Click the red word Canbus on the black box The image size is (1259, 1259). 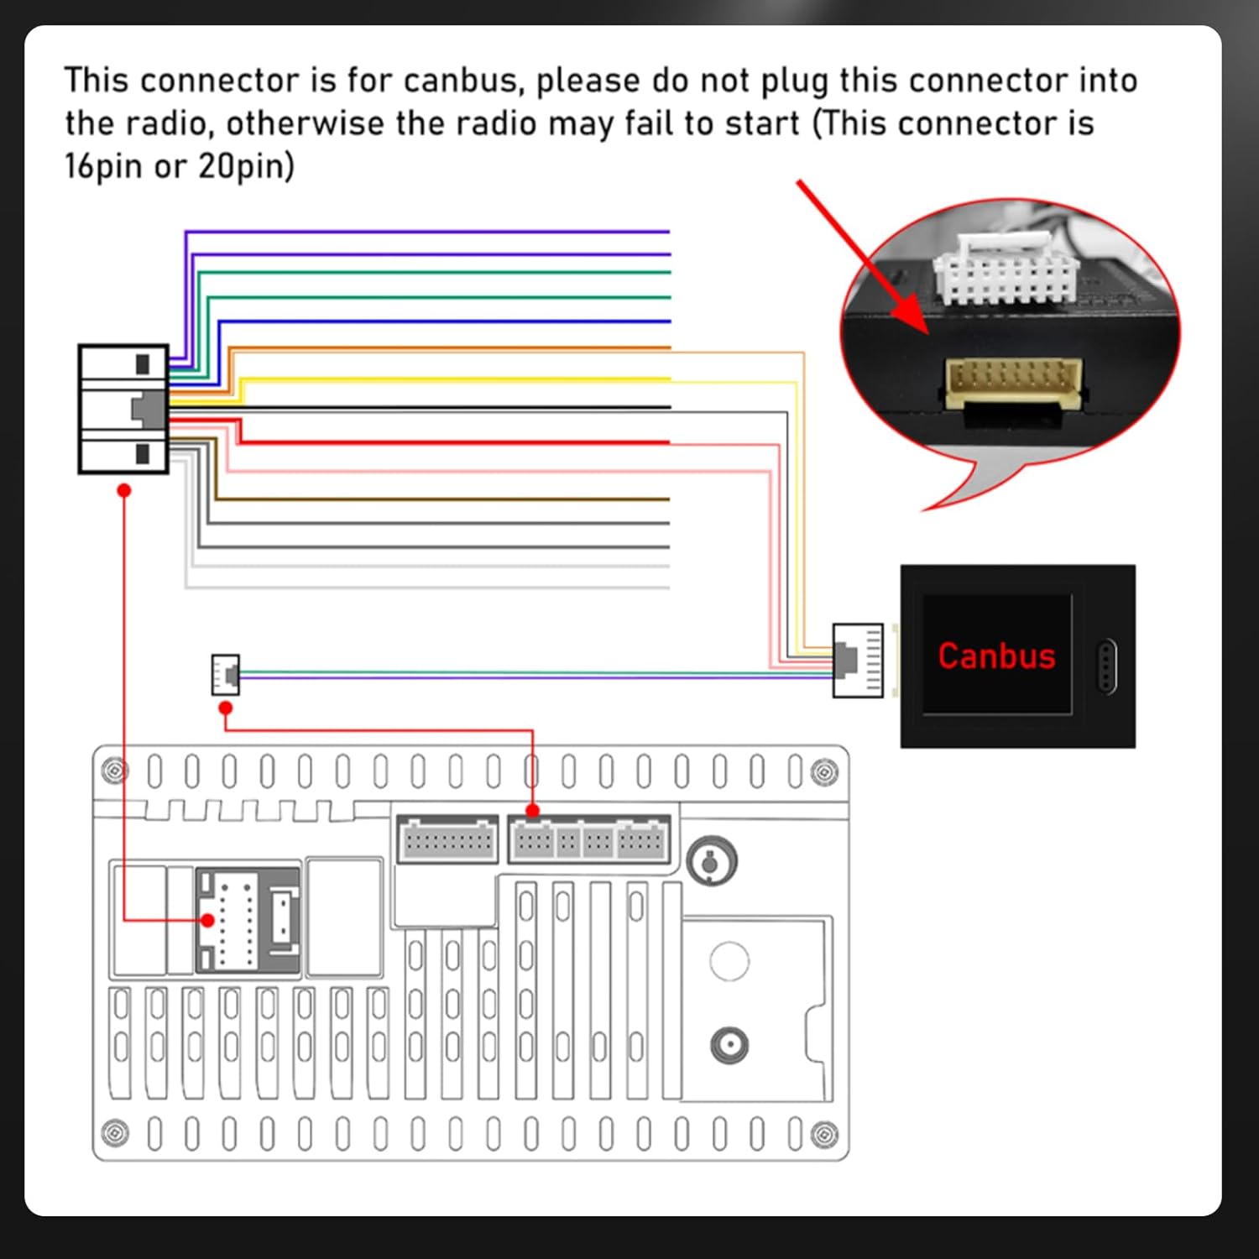pyautogui.click(x=996, y=656)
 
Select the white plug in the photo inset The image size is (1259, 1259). pyautogui.click(x=1006, y=269)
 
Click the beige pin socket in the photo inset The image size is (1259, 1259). pyautogui.click(x=1014, y=383)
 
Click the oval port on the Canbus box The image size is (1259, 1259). pyautogui.click(x=1107, y=666)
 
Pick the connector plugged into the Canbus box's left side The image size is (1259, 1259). pyautogui.click(x=857, y=660)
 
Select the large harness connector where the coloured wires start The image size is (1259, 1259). pyautogui.click(x=123, y=409)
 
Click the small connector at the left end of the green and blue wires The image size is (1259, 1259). pyautogui.click(x=226, y=674)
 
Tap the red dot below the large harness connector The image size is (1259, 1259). pyautogui.click(x=124, y=490)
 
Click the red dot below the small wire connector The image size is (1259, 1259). pyautogui.click(x=225, y=708)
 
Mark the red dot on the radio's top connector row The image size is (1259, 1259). pyautogui.click(x=532, y=811)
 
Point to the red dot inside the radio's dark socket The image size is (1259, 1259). pyautogui.click(x=207, y=920)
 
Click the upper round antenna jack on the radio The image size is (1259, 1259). pyautogui.click(x=711, y=860)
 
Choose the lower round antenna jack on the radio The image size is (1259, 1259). pyautogui.click(x=729, y=1046)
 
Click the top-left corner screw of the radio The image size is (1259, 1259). pyautogui.click(x=114, y=770)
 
